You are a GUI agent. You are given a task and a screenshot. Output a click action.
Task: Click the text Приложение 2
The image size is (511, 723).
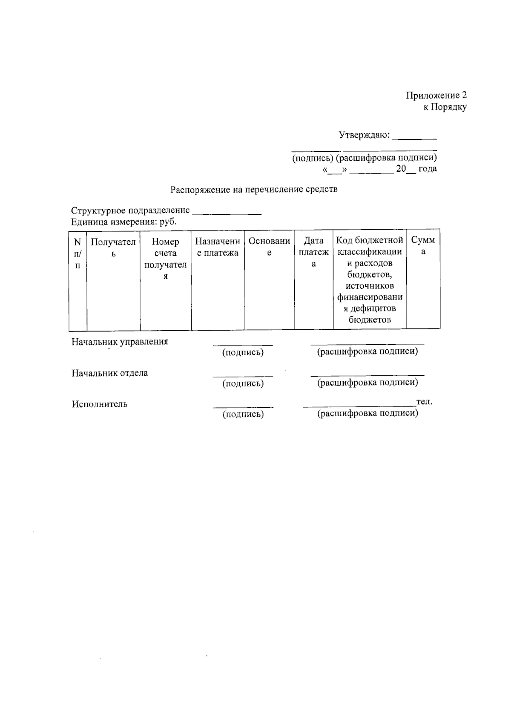pyautogui.click(x=436, y=95)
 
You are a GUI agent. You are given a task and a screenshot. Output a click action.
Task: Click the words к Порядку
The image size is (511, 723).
pyautogui.click(x=445, y=107)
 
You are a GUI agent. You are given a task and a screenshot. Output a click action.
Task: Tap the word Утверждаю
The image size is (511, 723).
pyautogui.click(x=364, y=135)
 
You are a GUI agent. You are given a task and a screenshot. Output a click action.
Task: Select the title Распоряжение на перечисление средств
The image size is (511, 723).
pyautogui.click(x=254, y=190)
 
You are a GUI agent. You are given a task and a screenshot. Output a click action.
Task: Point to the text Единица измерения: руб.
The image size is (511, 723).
pyautogui.click(x=123, y=222)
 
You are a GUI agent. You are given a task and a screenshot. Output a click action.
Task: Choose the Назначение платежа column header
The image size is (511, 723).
pyautogui.click(x=218, y=247)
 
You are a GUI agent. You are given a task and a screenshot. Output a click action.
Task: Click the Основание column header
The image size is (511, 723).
pyautogui.click(x=269, y=247)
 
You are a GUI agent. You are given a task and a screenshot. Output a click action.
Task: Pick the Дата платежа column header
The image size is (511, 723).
pyautogui.click(x=313, y=252)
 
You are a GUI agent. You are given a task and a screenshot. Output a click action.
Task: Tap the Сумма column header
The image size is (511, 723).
pyautogui.click(x=423, y=245)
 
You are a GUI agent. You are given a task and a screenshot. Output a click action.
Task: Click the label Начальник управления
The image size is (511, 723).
pyautogui.click(x=120, y=342)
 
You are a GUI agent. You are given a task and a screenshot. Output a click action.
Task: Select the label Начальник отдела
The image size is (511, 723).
pyautogui.click(x=109, y=373)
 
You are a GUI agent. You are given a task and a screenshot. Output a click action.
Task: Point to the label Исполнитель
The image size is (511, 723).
pyautogui.click(x=99, y=404)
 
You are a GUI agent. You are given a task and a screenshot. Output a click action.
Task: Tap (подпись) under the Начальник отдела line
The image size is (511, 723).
pyautogui.click(x=243, y=383)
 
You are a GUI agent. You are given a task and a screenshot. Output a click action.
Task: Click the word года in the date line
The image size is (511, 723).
pyautogui.click(x=427, y=169)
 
